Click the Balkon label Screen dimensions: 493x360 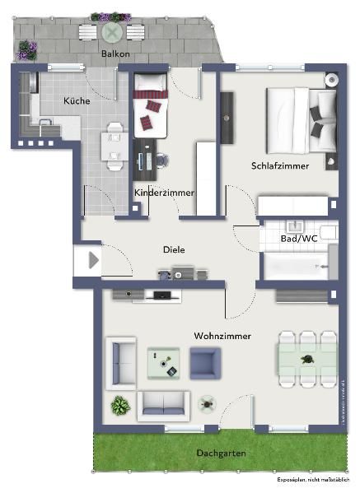(115, 53)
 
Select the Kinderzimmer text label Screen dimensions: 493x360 (164, 193)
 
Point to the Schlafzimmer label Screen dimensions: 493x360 (280, 165)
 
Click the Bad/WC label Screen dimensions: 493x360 (298, 238)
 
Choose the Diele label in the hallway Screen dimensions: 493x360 (174, 249)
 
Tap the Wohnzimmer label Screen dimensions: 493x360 (222, 336)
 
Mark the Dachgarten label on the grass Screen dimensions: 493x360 (221, 453)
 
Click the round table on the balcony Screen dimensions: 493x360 (112, 32)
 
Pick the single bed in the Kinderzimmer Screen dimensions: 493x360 (150, 105)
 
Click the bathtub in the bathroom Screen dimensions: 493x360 (295, 265)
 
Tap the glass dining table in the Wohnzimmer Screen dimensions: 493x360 (306, 360)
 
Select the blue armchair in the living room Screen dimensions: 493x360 (205, 362)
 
